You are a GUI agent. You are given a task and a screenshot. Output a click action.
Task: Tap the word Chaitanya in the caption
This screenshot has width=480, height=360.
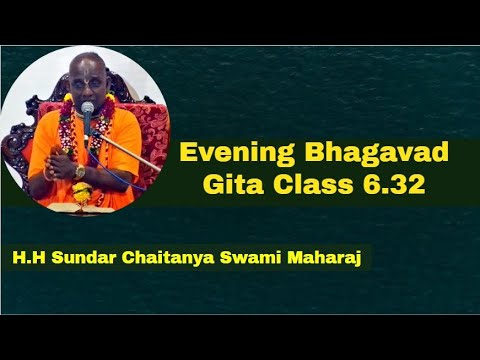tap(170, 258)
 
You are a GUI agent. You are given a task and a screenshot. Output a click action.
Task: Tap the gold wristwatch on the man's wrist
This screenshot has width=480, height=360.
tap(80, 171)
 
